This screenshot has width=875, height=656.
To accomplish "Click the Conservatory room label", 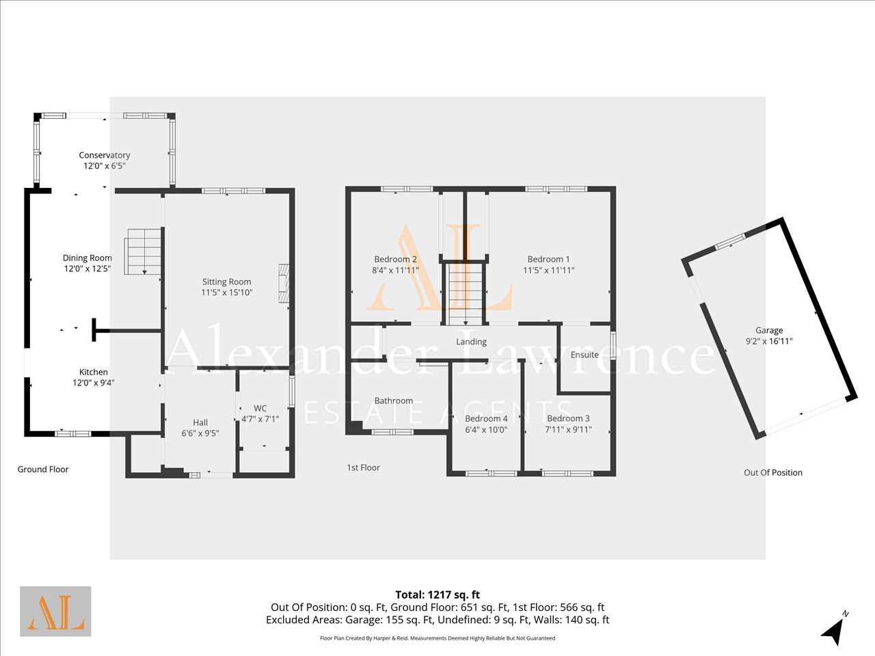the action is tap(105, 155).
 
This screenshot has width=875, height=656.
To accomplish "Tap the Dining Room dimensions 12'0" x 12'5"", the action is tap(87, 269).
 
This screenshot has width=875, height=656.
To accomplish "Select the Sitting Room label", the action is tap(226, 282).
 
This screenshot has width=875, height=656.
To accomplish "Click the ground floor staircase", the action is tap(143, 251).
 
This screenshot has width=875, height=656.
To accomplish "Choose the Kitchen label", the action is tap(93, 372).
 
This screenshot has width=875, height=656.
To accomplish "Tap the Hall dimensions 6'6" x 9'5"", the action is tap(200, 433).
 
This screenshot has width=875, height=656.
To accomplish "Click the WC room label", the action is tap(260, 408).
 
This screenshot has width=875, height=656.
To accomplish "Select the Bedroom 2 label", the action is tap(395, 259).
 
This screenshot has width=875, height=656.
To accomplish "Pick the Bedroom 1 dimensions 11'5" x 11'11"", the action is tap(548, 271).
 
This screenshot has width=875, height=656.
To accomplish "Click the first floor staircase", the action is tap(464, 292).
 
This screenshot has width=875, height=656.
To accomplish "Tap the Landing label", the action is tap(471, 342).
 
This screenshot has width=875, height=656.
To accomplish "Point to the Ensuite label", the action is tap(584, 355).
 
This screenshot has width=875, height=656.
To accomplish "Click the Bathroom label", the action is tap(394, 400).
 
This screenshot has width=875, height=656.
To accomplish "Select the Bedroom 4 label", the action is tap(486, 419).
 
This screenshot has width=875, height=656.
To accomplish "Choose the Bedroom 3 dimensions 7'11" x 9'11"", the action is tap(568, 430).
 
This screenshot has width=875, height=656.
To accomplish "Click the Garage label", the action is tap(769, 330).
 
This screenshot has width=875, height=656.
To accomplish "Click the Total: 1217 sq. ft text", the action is tap(437, 594).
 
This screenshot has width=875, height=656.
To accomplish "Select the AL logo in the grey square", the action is tap(55, 611).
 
